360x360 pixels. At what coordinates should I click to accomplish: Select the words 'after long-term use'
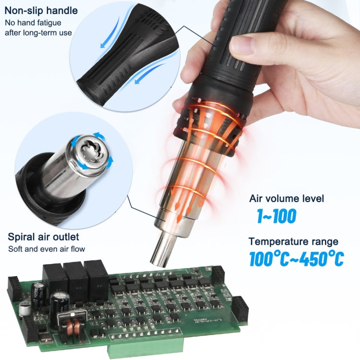pos(38,33)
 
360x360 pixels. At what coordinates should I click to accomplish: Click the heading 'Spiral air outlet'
pos(44,237)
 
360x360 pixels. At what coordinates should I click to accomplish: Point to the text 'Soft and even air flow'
pos(46,249)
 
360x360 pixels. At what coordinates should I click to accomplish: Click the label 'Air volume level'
pos(287,198)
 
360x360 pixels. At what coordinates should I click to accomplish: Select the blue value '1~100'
pos(276,216)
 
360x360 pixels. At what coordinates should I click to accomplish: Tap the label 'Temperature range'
pos(293,241)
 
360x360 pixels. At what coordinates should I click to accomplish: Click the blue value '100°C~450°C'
pos(296,259)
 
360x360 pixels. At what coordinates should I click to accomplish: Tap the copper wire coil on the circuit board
pos(73,324)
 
